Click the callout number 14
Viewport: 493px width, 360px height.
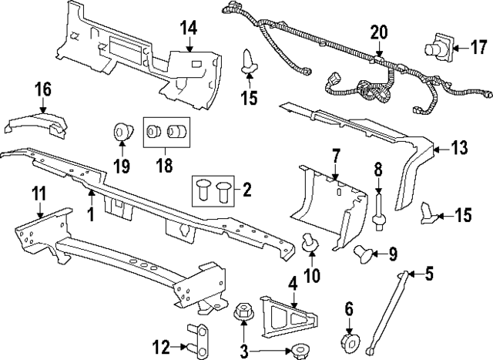(x=188, y=29)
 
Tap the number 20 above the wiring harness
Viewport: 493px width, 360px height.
(x=378, y=32)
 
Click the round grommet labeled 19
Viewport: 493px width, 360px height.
(x=122, y=132)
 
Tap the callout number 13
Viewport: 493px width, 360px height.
(x=459, y=149)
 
